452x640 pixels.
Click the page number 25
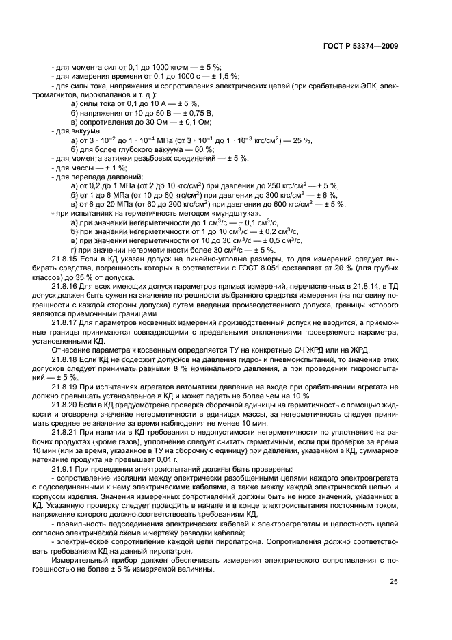tap(393, 582)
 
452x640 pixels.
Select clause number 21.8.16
tap(65, 282)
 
